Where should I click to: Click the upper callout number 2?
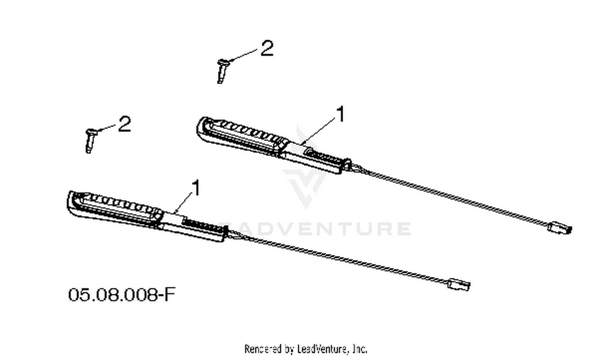267,49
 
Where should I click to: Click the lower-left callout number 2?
124,124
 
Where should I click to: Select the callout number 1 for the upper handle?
341,114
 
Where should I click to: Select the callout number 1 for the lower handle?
196,188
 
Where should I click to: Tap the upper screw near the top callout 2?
222,71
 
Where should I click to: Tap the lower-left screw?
90,140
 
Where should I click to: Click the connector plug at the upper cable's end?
560,228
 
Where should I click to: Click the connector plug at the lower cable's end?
459,285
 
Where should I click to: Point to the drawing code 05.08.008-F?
122,295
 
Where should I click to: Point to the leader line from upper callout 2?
243,55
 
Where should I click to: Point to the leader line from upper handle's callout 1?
318,131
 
